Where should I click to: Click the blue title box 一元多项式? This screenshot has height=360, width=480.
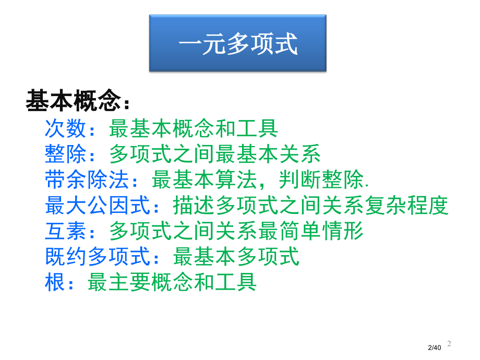pyautogui.click(x=238, y=43)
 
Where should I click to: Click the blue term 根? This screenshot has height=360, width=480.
pyautogui.click(x=55, y=282)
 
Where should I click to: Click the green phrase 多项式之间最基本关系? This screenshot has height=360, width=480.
pyautogui.click(x=215, y=154)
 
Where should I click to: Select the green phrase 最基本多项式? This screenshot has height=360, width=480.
pyautogui.click(x=236, y=257)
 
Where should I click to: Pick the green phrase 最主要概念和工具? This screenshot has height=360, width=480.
pyautogui.click(x=172, y=282)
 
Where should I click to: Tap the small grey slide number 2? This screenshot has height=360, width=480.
pyautogui.click(x=449, y=344)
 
